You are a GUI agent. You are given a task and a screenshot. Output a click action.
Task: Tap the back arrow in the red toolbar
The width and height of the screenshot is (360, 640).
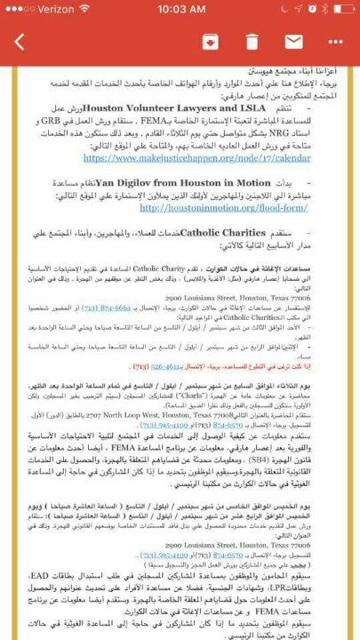pyautogui.click(x=20, y=42)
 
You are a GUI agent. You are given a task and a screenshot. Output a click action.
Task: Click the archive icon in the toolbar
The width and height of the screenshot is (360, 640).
pyautogui.click(x=211, y=42)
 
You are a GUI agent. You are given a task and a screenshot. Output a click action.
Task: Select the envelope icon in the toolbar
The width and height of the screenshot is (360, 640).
pyautogui.click(x=293, y=42)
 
